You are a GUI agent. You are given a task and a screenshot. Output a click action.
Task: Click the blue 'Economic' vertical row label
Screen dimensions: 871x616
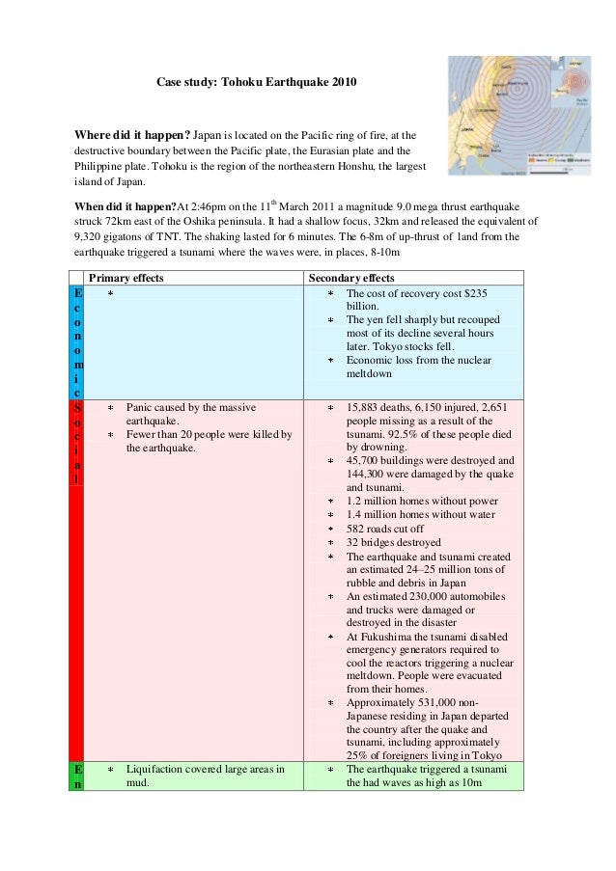click(x=77, y=342)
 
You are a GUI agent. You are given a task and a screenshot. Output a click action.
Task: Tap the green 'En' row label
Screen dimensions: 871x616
click(x=77, y=777)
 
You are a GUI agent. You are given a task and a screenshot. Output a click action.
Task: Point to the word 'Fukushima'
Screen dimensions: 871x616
click(x=383, y=637)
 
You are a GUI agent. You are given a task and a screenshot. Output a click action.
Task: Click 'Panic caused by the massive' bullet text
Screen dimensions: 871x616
click(x=197, y=408)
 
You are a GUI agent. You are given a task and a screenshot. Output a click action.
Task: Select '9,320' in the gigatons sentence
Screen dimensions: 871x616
click(x=92, y=234)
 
